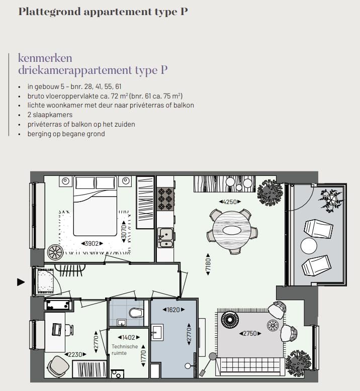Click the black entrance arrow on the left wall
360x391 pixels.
pos(21,282)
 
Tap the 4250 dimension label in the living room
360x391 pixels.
pos(229,202)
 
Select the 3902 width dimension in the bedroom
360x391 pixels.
pos(92,243)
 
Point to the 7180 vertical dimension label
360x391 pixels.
pos(207,265)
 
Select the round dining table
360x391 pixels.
pos(232,231)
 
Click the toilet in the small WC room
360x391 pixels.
pos(136,313)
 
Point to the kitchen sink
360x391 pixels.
pos(165,237)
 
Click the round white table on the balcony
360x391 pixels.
pos(309,246)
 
